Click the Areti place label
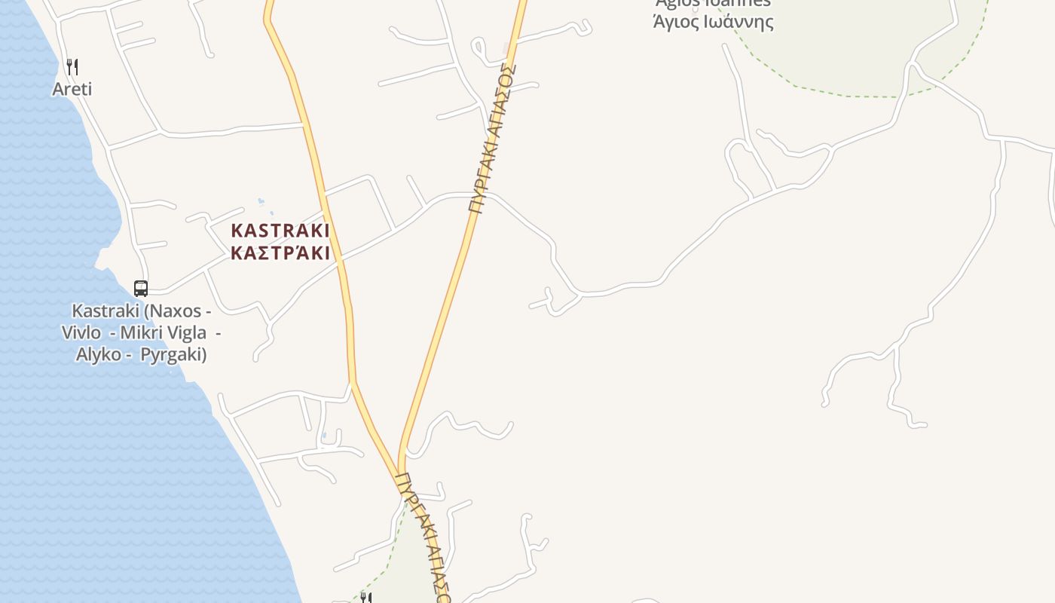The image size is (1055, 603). click(x=72, y=89)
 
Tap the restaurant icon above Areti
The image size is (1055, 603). click(x=72, y=66)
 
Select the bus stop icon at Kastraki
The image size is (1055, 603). click(x=141, y=288)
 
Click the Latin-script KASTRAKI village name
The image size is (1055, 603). click(x=280, y=231)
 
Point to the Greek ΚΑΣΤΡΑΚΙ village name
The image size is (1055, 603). click(x=280, y=253)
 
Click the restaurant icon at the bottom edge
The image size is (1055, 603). click(x=365, y=598)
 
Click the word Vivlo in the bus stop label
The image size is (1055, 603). click(x=81, y=332)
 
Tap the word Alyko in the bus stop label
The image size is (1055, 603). click(x=99, y=354)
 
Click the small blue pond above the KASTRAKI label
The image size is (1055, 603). click(x=261, y=201)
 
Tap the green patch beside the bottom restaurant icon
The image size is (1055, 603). click(x=407, y=558)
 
